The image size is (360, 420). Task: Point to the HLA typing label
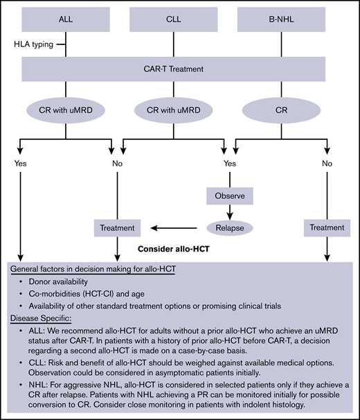tap(32, 44)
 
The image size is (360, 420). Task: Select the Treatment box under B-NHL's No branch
tap(326, 227)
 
